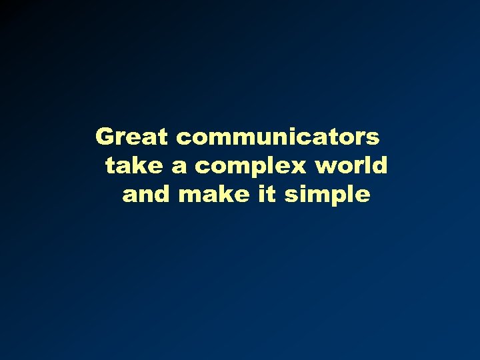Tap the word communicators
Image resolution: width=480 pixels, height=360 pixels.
[279, 137]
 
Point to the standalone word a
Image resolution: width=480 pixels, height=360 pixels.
[180, 167]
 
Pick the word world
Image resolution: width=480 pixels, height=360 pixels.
[352, 165]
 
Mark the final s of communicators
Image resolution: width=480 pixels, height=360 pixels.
[373, 138]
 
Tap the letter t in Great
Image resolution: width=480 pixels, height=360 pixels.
[167, 137]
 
